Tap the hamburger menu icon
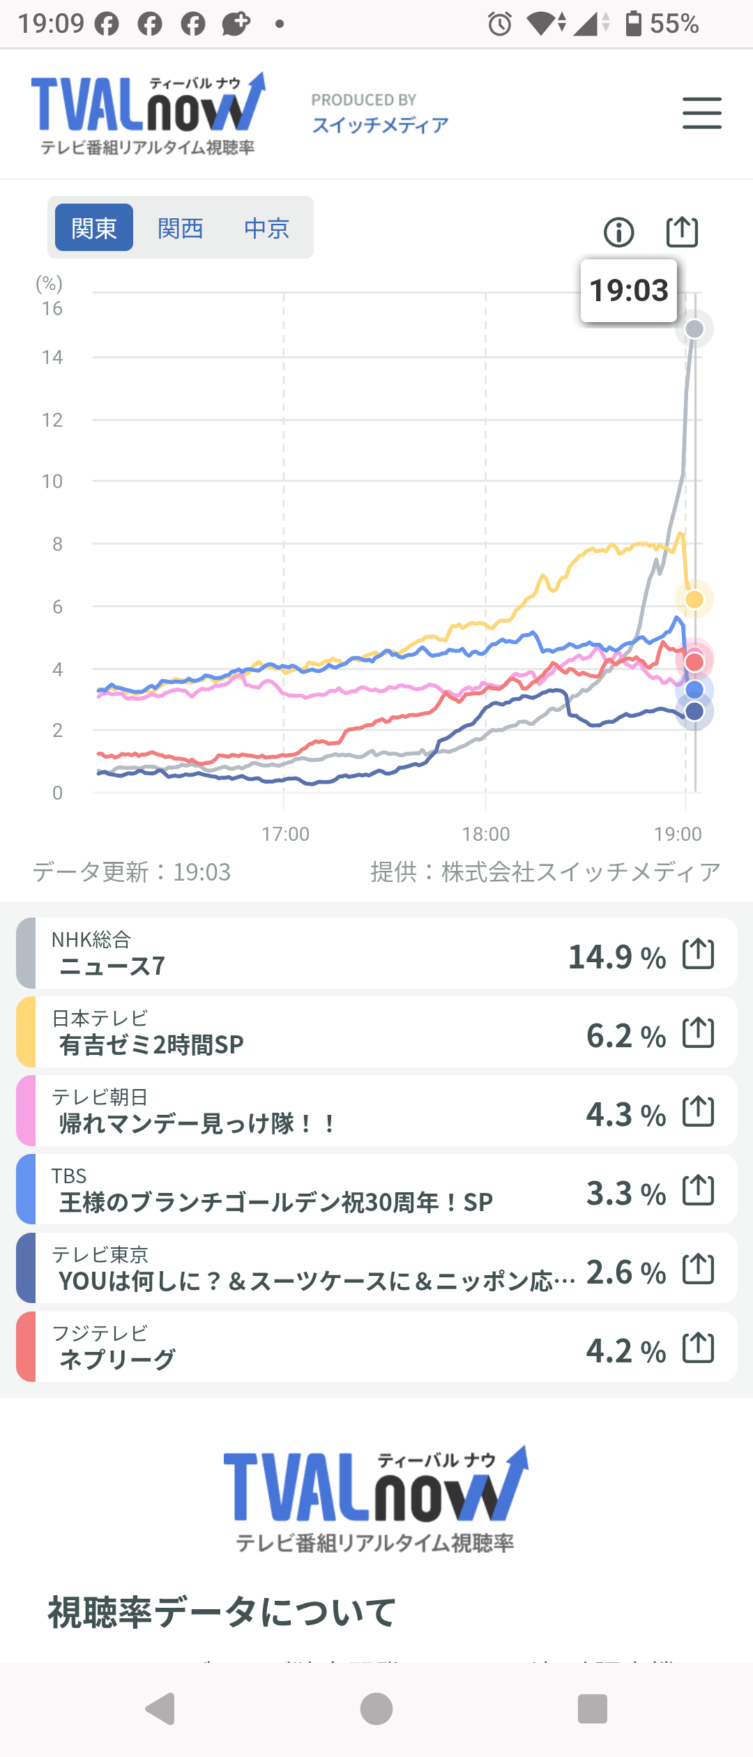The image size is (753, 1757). tap(701, 114)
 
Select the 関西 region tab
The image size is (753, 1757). tap(180, 228)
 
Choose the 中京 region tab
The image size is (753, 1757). tap(266, 228)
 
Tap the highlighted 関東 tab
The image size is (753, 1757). tap(94, 228)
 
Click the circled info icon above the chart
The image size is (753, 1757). tap(618, 232)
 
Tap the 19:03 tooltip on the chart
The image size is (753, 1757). tap(629, 291)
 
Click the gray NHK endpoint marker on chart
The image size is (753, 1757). tap(694, 329)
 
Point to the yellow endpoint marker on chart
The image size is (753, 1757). tap(694, 599)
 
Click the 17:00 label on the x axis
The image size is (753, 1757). tap(285, 834)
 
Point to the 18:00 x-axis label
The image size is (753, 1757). tap(486, 834)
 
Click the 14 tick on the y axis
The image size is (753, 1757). tap(52, 358)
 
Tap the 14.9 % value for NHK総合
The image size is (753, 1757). tap(616, 957)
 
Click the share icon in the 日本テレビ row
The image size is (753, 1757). tap(698, 1033)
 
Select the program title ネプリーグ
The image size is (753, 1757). tap(117, 1359)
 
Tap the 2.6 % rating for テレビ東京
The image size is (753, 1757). tap(625, 1272)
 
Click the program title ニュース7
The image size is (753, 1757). tap(112, 966)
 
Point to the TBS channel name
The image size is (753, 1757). tap(69, 1176)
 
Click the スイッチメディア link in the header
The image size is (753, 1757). tap(380, 125)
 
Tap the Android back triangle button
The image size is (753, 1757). tap(160, 1709)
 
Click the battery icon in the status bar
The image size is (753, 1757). tap(633, 24)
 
